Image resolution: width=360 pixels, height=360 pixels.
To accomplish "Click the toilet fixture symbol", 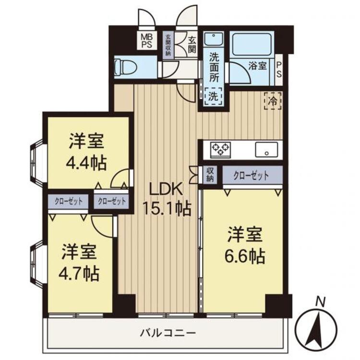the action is click(126, 67).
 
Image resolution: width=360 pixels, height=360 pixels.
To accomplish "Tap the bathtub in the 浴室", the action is click(252, 45).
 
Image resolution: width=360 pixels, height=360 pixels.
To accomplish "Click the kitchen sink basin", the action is click(266, 149).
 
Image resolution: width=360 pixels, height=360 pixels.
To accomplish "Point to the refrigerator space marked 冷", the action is click(273, 101).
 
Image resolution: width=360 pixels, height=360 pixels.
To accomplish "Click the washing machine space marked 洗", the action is click(214, 96).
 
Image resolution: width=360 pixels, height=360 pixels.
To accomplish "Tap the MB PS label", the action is click(146, 40).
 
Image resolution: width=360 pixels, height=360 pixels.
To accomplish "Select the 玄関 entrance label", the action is click(192, 45).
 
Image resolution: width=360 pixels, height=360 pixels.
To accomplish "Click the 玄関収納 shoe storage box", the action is click(168, 45).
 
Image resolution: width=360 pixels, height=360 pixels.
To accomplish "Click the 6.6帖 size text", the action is click(244, 256).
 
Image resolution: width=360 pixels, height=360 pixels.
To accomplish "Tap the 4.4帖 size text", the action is click(86, 163).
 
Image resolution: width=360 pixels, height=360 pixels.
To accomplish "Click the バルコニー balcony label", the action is click(168, 333).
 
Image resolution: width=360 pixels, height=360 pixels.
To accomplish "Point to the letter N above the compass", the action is click(320, 302).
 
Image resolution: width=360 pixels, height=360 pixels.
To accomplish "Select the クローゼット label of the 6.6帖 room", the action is click(251, 175).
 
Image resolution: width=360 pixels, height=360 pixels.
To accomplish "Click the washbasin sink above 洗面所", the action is click(214, 39).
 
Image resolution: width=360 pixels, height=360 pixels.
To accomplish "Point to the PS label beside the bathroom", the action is click(279, 70).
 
